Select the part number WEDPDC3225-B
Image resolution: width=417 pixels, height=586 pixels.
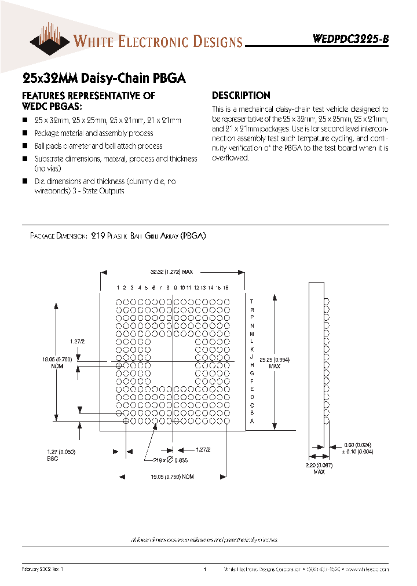pos(351,39)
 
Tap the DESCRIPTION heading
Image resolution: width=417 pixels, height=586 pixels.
pos(241,96)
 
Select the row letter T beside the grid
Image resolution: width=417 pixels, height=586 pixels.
pos(252,301)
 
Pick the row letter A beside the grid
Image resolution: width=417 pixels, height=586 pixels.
pos(252,422)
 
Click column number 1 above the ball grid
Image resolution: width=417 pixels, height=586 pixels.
pos(118,287)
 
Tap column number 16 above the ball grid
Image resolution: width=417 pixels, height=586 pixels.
pos(226,287)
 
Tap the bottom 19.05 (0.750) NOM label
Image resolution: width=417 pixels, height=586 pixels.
pos(172,477)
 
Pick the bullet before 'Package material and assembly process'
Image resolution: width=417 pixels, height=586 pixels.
pos(25,134)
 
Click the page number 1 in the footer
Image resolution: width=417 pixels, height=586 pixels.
pos(206,570)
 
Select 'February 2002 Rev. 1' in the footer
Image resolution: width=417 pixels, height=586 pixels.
pos(42,570)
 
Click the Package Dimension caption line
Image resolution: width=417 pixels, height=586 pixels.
pos(118,236)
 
